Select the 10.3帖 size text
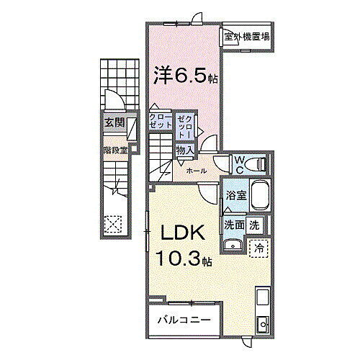click(181, 258)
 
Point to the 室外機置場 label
click(246, 37)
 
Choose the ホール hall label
click(196, 171)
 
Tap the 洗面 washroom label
click(235, 224)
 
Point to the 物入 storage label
click(184, 150)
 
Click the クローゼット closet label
click(161, 121)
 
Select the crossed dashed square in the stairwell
click(113, 224)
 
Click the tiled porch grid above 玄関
click(114, 83)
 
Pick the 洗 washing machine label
click(255, 224)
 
